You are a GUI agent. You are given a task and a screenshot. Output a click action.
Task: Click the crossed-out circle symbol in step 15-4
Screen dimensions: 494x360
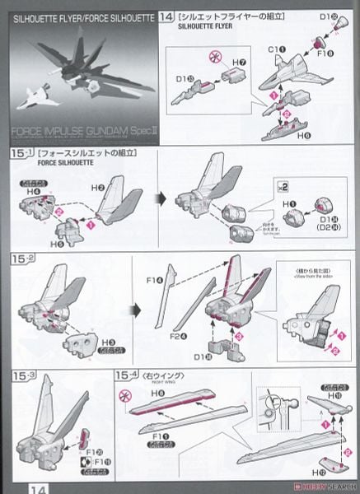(x=127, y=396)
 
